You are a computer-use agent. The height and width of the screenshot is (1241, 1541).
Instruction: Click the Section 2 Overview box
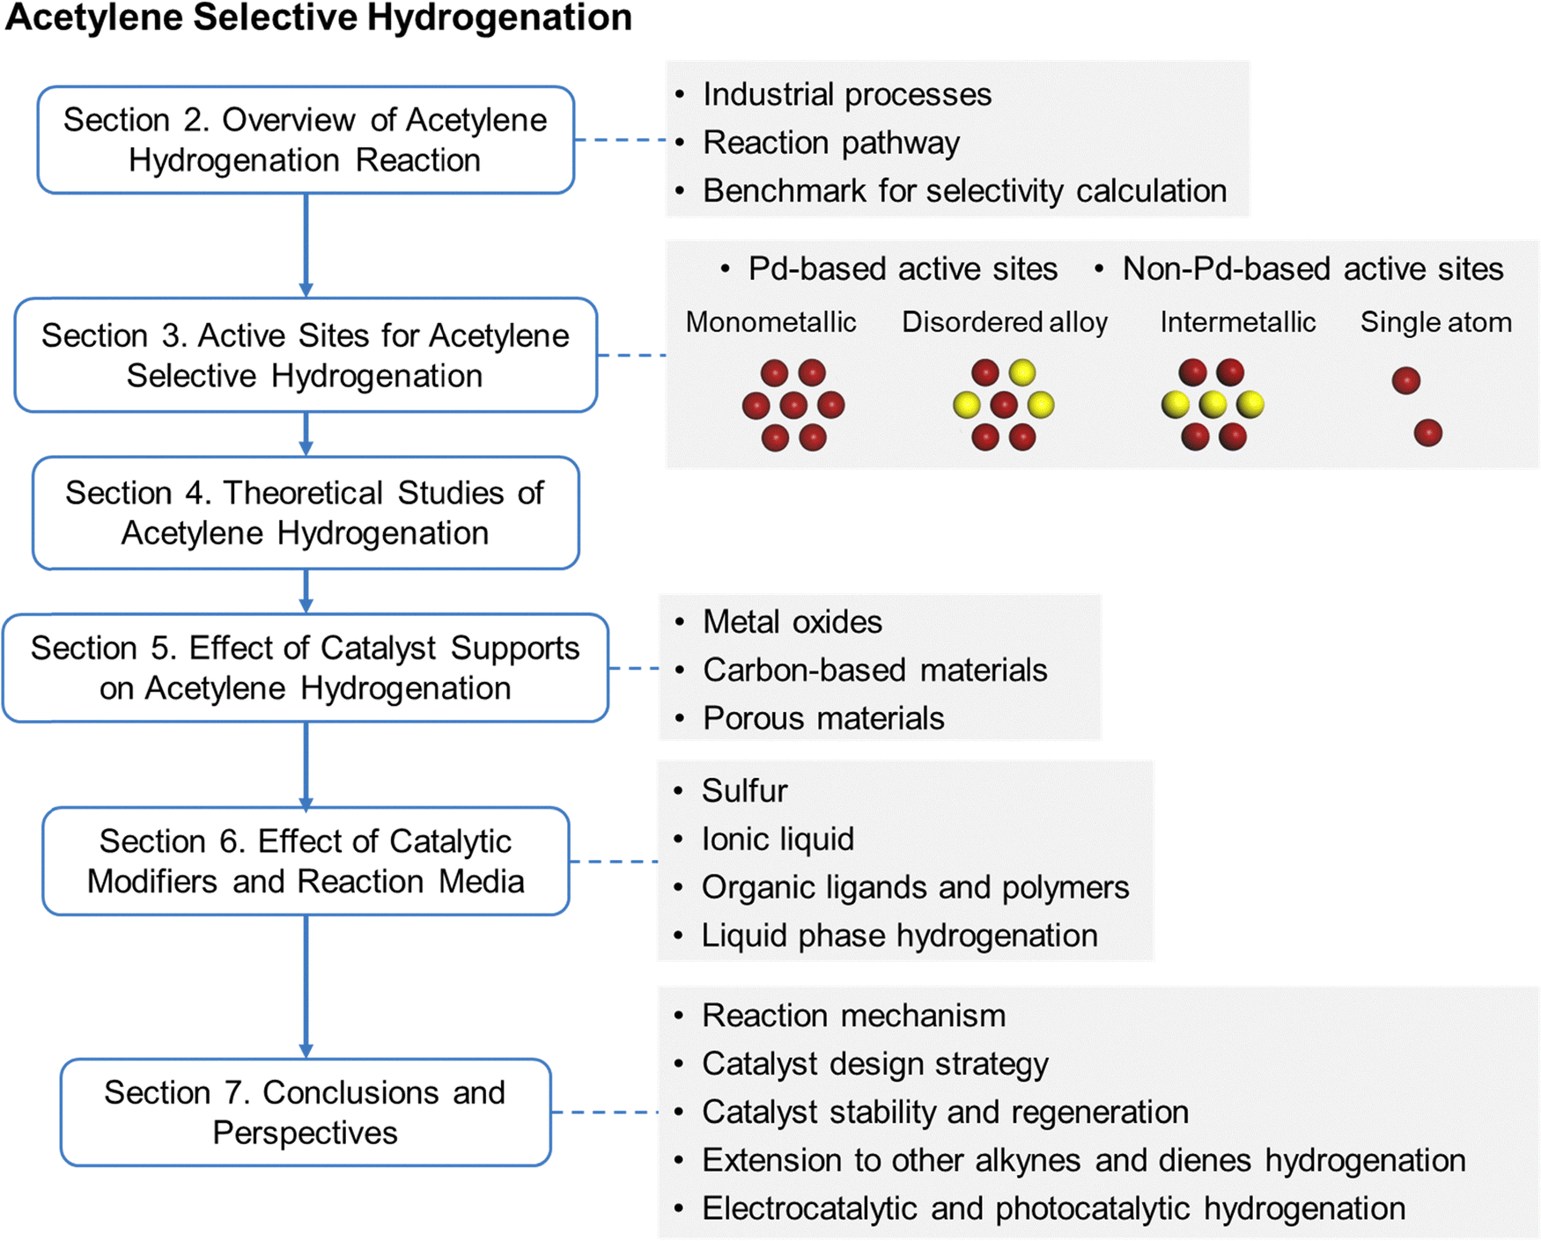[x=306, y=140]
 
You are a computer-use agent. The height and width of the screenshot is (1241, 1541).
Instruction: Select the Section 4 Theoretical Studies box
[x=306, y=513]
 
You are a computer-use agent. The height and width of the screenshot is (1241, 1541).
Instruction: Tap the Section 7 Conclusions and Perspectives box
[x=306, y=1112]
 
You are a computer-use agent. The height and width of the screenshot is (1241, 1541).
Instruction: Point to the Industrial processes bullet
[x=846, y=94]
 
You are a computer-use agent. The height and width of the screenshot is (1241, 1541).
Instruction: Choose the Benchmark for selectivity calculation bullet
[x=964, y=191]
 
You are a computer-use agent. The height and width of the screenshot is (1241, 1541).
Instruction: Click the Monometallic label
[x=770, y=322]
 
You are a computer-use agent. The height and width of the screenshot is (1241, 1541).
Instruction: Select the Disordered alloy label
[x=1005, y=322]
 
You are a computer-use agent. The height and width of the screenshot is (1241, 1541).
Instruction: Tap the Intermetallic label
[x=1237, y=322]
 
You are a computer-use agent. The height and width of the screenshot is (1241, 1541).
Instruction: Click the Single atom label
[x=1435, y=322]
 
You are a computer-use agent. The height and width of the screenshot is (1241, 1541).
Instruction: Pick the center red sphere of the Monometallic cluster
[x=793, y=405]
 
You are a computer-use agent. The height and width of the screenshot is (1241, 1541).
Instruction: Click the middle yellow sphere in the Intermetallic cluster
[x=1213, y=404]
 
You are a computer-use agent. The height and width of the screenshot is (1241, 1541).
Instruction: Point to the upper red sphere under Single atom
[x=1406, y=380]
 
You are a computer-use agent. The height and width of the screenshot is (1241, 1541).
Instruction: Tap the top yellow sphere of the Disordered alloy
[x=1022, y=372]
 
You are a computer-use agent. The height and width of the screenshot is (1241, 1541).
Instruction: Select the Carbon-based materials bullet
[x=874, y=671]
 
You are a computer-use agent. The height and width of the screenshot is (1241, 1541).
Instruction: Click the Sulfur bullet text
[x=744, y=791]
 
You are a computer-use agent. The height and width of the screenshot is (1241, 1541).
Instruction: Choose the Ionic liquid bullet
[x=778, y=840]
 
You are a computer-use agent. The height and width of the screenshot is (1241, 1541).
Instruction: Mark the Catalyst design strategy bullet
[x=874, y=1064]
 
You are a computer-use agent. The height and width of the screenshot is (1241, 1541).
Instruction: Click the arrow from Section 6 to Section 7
[x=306, y=986]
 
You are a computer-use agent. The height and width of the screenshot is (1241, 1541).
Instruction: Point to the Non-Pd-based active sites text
[x=1312, y=269]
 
